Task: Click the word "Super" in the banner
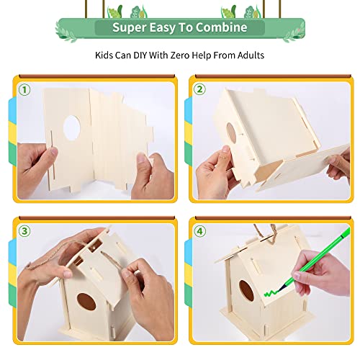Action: tap(128, 28)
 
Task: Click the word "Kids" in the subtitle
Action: tap(106, 54)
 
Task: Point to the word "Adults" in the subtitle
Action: tap(246, 54)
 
